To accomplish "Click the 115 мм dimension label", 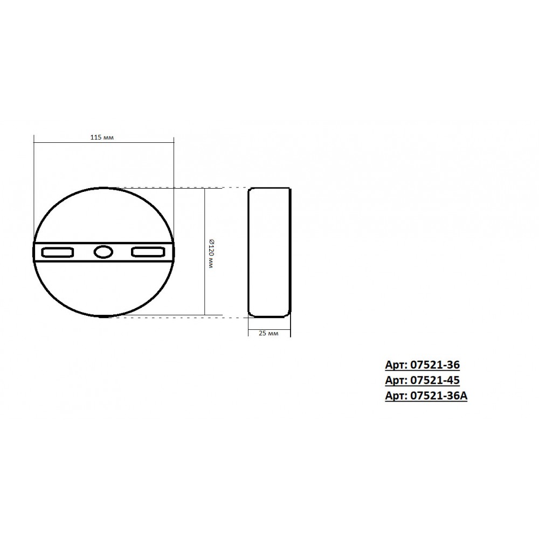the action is point(102,137).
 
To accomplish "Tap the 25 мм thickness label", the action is point(268,333).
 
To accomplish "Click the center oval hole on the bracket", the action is point(103,252).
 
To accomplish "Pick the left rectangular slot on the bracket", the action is point(58,252).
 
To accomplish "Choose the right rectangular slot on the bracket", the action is point(148,252).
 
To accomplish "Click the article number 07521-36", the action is point(435,364).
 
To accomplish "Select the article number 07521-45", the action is point(435,380).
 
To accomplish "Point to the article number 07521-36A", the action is point(439,396).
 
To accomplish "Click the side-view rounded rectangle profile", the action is point(248,252).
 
